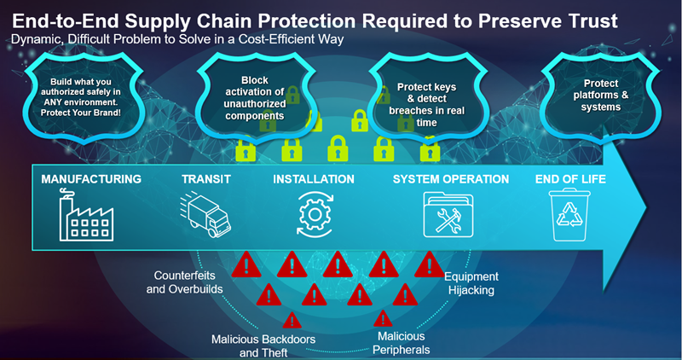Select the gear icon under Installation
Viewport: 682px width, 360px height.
pos(313,214)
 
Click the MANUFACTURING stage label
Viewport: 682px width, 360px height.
pos(92,180)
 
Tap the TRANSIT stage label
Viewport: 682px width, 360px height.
pos(206,180)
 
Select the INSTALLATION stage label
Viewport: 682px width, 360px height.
pos(314,180)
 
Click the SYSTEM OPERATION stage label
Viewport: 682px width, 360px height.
pos(450,180)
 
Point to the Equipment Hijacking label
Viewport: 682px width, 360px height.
pos(471,283)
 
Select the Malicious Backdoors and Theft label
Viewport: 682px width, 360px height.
pos(263,345)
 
